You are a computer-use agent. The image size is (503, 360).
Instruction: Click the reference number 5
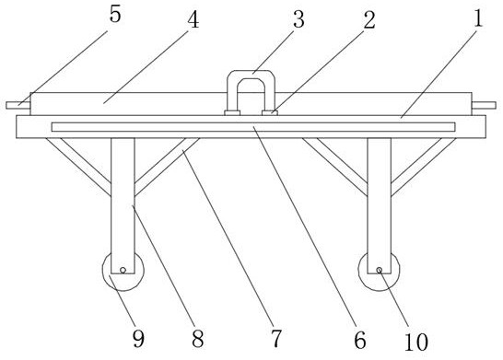tap(115, 15)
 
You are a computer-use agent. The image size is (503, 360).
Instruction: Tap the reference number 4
tap(193, 19)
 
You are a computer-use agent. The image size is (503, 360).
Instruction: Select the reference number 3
tap(298, 19)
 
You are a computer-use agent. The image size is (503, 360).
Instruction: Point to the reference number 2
tap(369, 20)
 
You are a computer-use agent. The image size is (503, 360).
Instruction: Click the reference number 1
tap(478, 17)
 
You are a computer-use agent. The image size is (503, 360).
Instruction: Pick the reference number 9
tap(138, 339)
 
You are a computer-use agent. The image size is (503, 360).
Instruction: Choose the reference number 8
tap(197, 339)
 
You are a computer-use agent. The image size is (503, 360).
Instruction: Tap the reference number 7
tap(276, 338)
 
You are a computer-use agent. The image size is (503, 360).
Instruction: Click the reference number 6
tap(360, 340)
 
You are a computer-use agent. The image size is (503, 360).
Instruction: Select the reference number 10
tap(416, 342)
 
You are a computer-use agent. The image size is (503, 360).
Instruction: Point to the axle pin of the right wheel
tap(380, 270)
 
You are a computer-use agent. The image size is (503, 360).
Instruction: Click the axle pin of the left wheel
tap(123, 270)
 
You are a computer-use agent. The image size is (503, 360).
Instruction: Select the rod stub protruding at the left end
tap(18, 105)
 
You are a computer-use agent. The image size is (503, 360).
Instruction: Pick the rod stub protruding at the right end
tap(484, 105)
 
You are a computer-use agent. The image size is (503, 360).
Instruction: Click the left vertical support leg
tap(123, 205)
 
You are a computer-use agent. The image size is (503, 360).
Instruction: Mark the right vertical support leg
tap(380, 205)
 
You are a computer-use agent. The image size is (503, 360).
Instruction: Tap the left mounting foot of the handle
tap(232, 113)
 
